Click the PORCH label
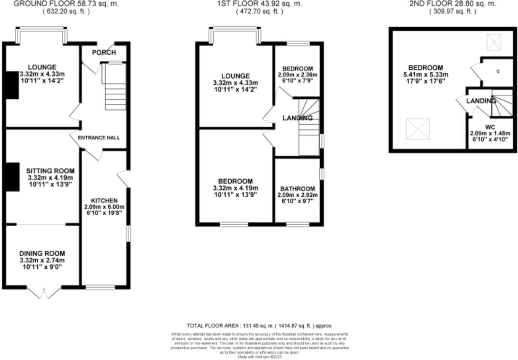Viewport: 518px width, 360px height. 104,52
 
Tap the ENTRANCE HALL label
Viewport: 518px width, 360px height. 99,138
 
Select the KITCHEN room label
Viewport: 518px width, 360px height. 104,201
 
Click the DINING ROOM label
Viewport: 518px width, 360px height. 42,254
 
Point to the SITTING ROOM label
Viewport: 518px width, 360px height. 50,171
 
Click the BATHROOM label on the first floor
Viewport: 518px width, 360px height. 297,189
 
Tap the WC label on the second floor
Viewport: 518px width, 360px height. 490,127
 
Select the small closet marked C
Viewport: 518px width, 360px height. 498,72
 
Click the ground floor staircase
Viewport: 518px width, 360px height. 114,87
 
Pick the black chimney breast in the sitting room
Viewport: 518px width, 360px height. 12,177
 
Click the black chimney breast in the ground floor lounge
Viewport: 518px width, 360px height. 12,85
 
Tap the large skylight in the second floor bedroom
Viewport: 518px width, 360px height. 418,129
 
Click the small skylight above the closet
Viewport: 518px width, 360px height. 494,42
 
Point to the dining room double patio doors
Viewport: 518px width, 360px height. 44,293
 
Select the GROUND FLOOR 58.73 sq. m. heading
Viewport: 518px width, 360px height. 66,4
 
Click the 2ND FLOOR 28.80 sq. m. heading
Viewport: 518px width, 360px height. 453,4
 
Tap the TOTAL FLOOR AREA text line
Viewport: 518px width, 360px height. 259,326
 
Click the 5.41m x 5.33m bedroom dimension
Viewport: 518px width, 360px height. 426,75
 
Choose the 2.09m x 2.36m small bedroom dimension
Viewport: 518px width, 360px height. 297,75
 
